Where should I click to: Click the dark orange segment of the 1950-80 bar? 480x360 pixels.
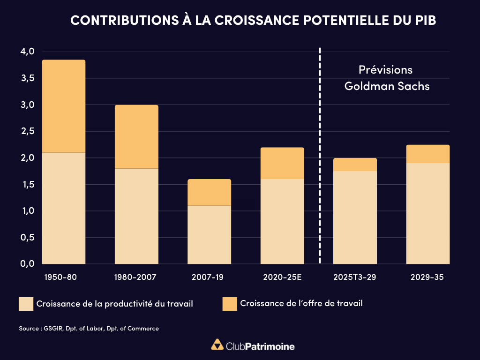click(x=64, y=106)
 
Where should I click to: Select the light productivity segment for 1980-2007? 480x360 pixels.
click(x=136, y=216)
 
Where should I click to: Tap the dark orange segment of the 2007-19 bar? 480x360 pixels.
click(x=209, y=192)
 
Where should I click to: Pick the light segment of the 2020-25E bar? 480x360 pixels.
click(x=282, y=221)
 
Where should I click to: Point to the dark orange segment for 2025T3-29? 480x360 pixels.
click(x=355, y=165)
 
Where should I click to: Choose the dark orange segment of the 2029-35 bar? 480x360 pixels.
click(x=427, y=154)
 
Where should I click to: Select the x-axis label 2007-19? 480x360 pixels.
click(x=208, y=277)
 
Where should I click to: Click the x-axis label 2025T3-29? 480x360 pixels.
click(x=355, y=277)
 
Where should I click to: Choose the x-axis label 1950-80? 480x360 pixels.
click(x=60, y=277)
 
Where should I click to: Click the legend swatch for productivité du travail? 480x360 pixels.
click(x=26, y=304)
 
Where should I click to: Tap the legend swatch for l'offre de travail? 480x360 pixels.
click(x=229, y=304)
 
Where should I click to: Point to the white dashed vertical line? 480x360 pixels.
click(x=320, y=155)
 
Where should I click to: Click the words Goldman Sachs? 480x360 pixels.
click(x=387, y=86)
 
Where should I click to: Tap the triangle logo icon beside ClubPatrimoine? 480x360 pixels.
click(x=217, y=345)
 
